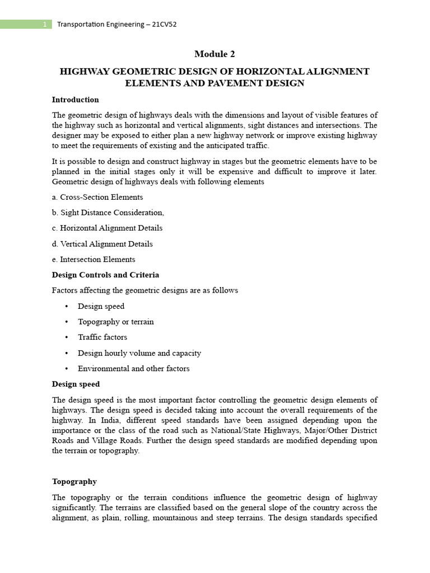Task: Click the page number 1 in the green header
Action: pyautogui.click(x=44, y=25)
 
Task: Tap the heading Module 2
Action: pyautogui.click(x=214, y=54)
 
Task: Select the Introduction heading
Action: pyautogui.click(x=75, y=100)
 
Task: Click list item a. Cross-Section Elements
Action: pyautogui.click(x=97, y=197)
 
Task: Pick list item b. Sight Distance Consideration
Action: pyautogui.click(x=108, y=213)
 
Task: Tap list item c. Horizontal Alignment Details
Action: pyautogui.click(x=107, y=228)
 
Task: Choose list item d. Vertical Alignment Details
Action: pyautogui.click(x=102, y=244)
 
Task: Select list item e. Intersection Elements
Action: pyautogui.click(x=94, y=260)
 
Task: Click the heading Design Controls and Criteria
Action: pyautogui.click(x=105, y=275)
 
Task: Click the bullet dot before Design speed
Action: pyautogui.click(x=67, y=306)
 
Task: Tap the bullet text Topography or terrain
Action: pyautogui.click(x=116, y=322)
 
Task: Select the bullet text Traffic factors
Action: pyautogui.click(x=102, y=337)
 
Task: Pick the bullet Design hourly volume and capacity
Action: pyautogui.click(x=139, y=353)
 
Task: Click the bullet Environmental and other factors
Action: pyautogui.click(x=134, y=369)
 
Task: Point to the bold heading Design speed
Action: pyautogui.click(x=76, y=384)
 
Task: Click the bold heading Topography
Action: pyautogui.click(x=74, y=481)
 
